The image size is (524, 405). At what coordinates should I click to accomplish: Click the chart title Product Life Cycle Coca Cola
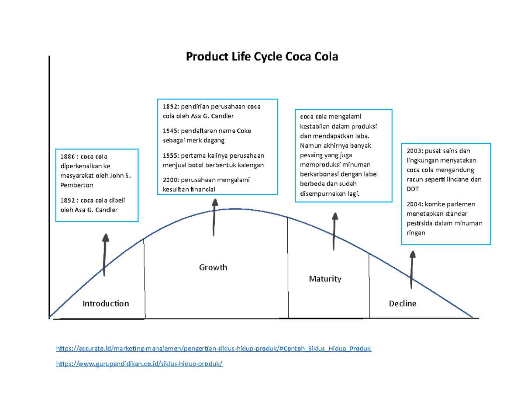262,57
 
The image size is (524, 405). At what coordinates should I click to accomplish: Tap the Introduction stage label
106,303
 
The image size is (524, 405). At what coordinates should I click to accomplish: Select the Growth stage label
213,267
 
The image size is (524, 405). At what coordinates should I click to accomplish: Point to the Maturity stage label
325,279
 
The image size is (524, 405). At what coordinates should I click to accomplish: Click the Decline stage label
403,303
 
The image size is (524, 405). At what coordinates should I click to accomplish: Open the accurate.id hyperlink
214,349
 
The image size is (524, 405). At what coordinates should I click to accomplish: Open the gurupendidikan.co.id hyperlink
140,363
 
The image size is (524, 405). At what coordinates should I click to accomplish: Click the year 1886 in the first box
67,156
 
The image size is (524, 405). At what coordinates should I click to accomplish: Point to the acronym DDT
412,189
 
